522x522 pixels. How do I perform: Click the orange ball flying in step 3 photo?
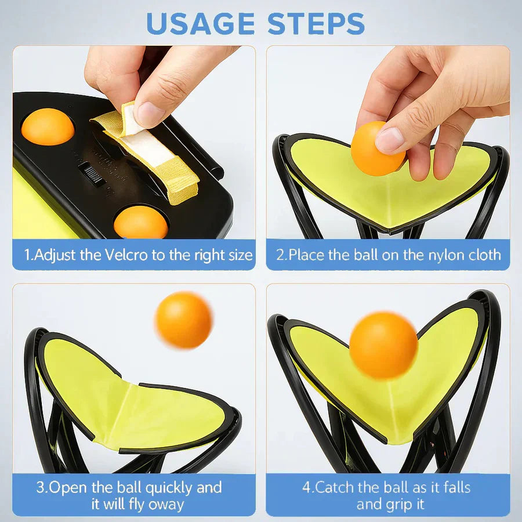click(183, 320)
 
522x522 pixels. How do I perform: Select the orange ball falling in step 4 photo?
click(383, 345)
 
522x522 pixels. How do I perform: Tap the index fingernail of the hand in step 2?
click(389, 139)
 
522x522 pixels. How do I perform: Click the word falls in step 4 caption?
click(455, 487)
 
